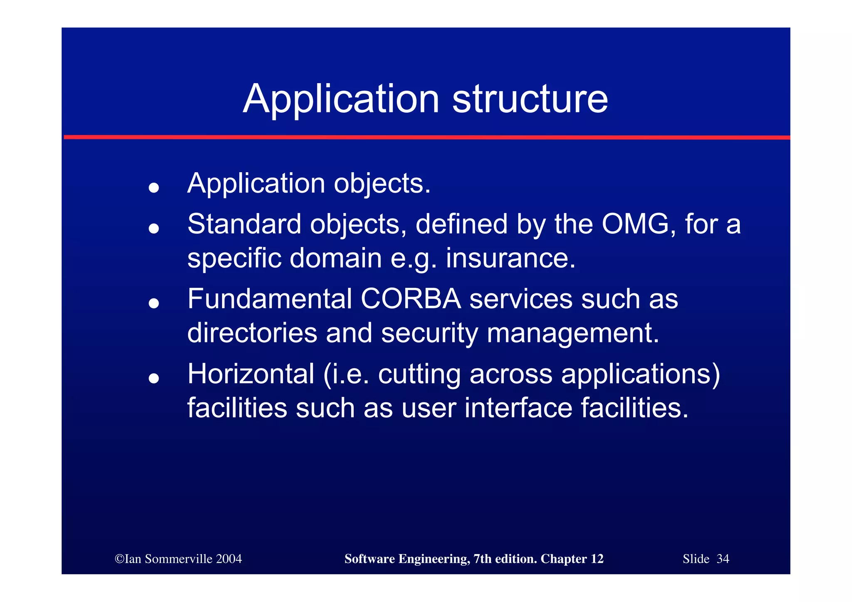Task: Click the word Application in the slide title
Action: [x=341, y=100]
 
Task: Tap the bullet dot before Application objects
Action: [x=154, y=188]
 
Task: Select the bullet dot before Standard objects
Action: [x=154, y=228]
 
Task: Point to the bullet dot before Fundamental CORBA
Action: [x=154, y=303]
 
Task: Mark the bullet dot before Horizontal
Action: [x=154, y=378]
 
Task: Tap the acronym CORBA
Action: [x=411, y=299]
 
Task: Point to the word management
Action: [x=572, y=334]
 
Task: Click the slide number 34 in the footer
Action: [x=723, y=559]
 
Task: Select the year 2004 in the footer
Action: [x=229, y=559]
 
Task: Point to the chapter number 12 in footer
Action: [x=597, y=559]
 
